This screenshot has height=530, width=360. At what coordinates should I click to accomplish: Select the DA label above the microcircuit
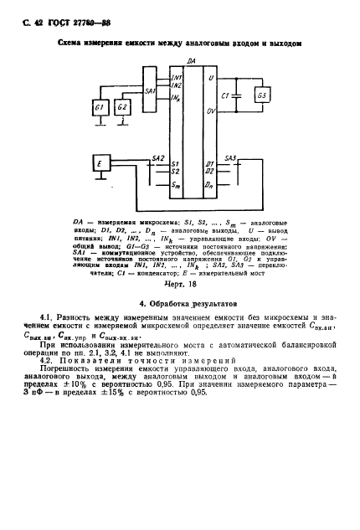[191, 61]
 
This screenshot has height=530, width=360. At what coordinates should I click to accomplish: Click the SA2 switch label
[158, 157]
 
